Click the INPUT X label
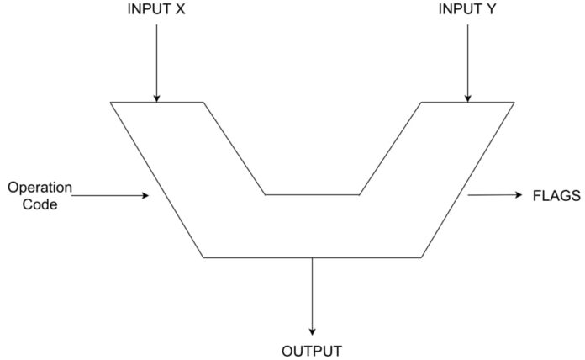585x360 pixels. click(x=155, y=10)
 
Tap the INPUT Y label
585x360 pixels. click(x=467, y=10)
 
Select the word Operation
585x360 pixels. click(x=40, y=187)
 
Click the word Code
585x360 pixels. click(x=40, y=204)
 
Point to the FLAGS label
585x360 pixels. click(x=556, y=196)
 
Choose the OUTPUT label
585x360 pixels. click(x=312, y=350)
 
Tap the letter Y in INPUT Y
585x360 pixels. click(x=492, y=10)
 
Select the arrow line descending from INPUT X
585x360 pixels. click(x=155, y=59)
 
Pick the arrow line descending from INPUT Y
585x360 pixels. click(x=468, y=59)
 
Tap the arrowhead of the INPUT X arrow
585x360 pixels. click(x=155, y=98)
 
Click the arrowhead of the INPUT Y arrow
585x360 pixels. click(x=468, y=98)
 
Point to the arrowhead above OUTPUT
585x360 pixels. click(x=313, y=331)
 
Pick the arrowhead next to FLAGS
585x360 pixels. click(x=517, y=195)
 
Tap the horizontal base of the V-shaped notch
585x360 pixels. click(x=312, y=194)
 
